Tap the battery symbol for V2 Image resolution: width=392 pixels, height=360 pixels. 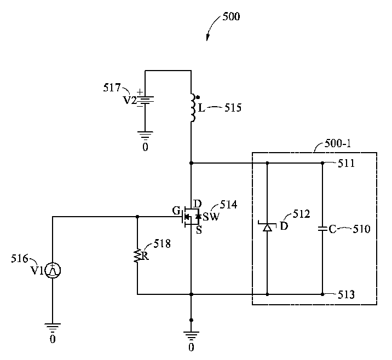coord(145,101)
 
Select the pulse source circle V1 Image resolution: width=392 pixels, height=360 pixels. coord(53,270)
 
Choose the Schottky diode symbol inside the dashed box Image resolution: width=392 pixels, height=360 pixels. coord(267,227)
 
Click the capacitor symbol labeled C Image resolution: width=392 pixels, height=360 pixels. coord(322,229)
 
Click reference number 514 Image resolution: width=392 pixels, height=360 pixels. coord(228,205)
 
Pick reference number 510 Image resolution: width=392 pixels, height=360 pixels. coord(361,229)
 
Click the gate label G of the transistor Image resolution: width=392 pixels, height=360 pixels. coord(175,210)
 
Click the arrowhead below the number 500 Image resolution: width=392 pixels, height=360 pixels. coord(208,38)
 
